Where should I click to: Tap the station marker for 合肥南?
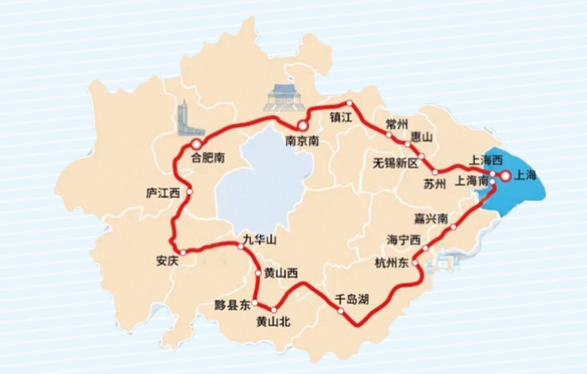[197, 144]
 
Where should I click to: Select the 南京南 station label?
[302, 142]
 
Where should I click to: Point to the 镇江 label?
[342, 116]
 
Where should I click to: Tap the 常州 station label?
[399, 124]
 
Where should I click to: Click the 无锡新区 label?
[394, 162]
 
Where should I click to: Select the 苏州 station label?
[436, 184]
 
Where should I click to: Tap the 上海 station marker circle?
[506, 176]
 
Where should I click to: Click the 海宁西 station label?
[404, 238]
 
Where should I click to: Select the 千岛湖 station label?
[352, 299]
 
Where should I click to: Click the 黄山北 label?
[275, 322]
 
